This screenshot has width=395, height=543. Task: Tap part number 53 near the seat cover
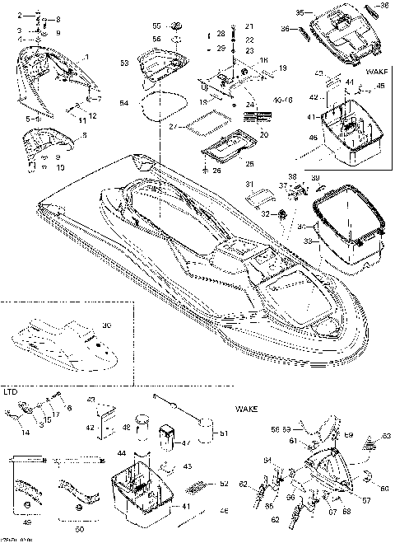(x=124, y=63)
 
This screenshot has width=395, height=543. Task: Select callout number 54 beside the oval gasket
(x=124, y=103)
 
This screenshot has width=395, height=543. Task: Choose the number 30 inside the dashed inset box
(x=105, y=325)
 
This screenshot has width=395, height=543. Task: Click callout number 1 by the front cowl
(x=87, y=56)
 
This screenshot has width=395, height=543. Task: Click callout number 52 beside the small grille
(x=202, y=485)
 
